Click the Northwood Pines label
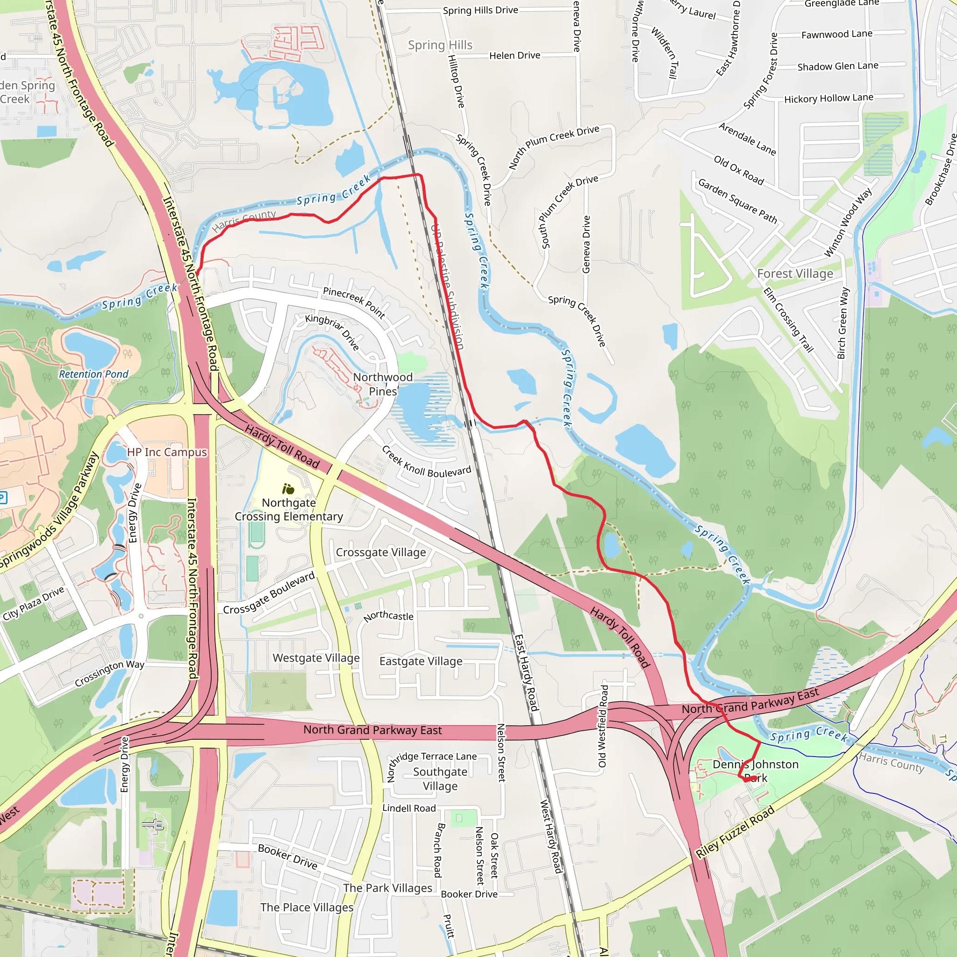pos(382,385)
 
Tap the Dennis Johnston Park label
pos(755,771)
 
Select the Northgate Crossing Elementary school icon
pos(288,490)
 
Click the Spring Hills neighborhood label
pos(440,45)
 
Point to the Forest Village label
pos(794,274)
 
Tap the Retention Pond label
pos(93,374)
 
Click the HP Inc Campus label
pos(167,452)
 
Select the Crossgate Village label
pos(380,552)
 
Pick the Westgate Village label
pos(316,658)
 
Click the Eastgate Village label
pos(421,661)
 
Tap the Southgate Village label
pos(440,778)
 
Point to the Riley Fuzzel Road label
pos(735,833)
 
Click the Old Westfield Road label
pos(603,726)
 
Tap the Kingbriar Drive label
pos(332,332)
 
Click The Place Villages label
pos(307,907)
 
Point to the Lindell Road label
pos(409,808)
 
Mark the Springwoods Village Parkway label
pos(50,511)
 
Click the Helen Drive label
pos(514,56)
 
